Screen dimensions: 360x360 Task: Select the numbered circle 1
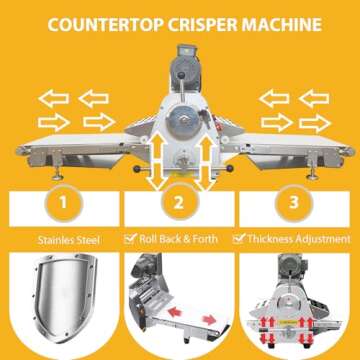[63, 203]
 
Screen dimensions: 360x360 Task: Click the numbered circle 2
[179, 203]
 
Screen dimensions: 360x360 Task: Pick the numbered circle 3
[294, 203]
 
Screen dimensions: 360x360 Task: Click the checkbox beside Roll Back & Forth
[130, 238]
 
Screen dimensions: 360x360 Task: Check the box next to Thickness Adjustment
[239, 238]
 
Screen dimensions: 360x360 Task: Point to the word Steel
[87, 240]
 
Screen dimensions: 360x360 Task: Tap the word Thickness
[270, 239]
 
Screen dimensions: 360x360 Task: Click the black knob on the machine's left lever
[137, 169]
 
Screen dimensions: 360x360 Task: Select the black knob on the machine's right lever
[229, 168]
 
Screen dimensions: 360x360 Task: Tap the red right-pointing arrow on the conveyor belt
[209, 320]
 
